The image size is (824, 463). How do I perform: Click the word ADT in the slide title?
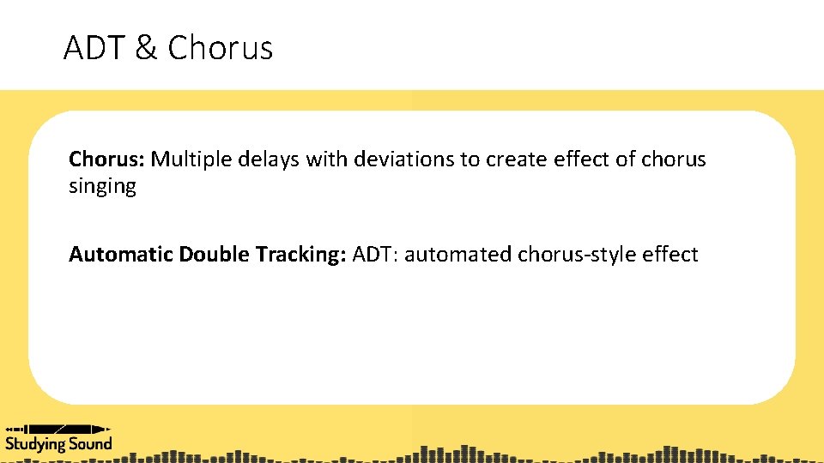point(94,48)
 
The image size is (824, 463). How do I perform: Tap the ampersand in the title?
point(147,48)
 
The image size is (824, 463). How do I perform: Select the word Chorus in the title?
point(221,48)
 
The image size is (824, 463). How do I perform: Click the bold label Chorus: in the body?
point(107,159)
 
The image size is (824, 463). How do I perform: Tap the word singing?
point(102,187)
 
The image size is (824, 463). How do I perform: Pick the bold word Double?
point(215,255)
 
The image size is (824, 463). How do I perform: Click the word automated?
point(457,255)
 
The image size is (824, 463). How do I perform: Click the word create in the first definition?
point(511,159)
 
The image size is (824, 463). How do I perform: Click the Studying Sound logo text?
point(58,443)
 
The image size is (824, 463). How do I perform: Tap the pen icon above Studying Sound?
point(58,428)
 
